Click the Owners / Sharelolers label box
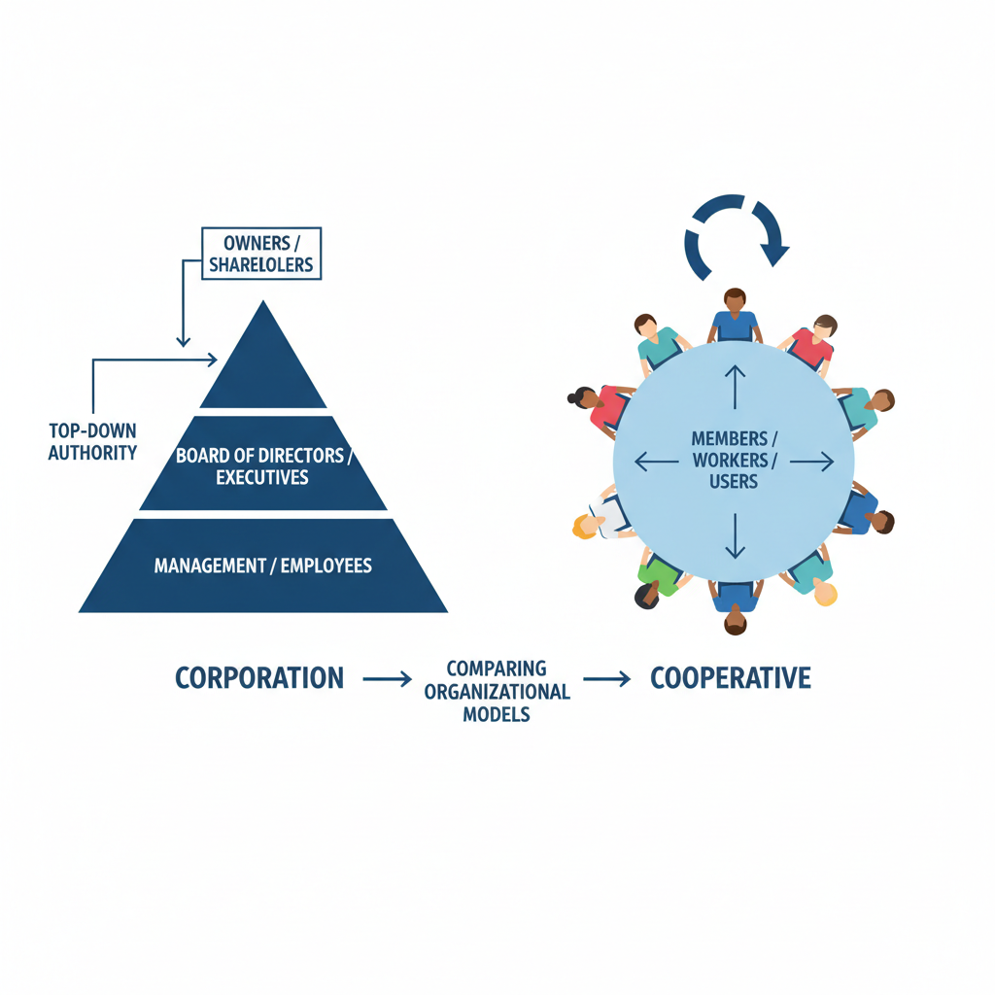(x=260, y=253)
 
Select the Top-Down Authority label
(x=92, y=440)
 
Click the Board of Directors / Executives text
(x=262, y=465)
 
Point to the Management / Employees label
(x=262, y=565)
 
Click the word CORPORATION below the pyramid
(x=259, y=678)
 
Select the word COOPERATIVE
(x=730, y=678)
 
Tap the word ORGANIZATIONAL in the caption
(x=497, y=692)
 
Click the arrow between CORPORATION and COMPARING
(x=387, y=679)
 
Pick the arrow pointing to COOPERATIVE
(x=606, y=679)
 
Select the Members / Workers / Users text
(x=735, y=460)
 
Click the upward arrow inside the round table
(x=735, y=386)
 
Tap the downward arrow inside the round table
(x=735, y=535)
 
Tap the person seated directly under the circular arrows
(x=735, y=316)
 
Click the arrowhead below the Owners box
(x=182, y=340)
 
